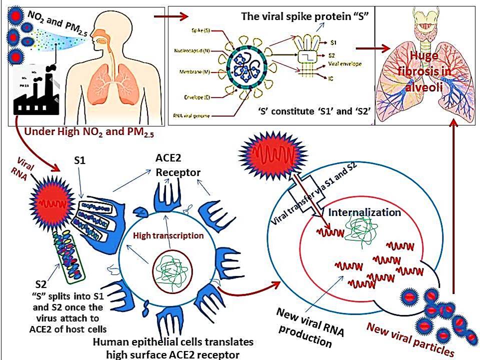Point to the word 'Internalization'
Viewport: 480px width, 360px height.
(x=364, y=212)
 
